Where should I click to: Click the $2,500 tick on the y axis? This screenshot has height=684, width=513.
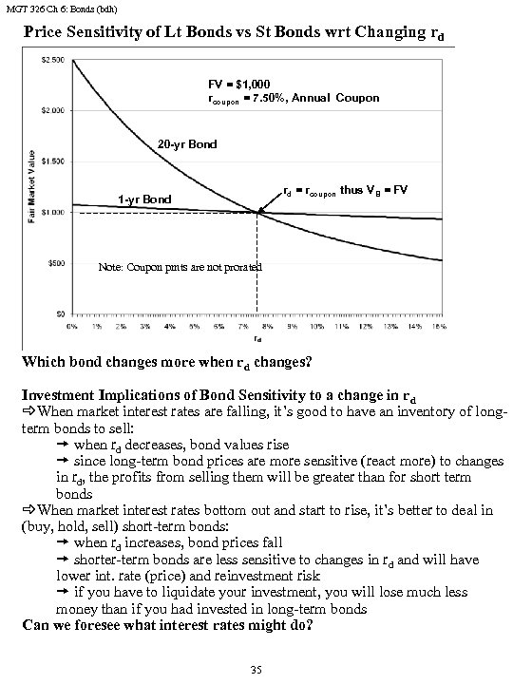click(51, 60)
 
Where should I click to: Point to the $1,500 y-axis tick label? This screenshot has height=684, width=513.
click(51, 161)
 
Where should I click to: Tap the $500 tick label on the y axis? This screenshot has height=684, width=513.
click(55, 263)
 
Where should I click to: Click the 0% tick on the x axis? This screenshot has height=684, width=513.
click(72, 325)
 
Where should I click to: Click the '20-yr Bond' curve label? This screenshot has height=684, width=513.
click(186, 145)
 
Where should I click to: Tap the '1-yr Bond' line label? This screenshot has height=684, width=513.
click(144, 199)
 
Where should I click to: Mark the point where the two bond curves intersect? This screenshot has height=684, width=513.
click(258, 212)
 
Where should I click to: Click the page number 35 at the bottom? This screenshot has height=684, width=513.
click(255, 670)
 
